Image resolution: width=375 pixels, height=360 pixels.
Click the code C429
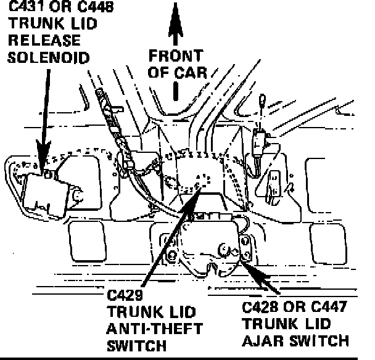pos(126,296)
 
